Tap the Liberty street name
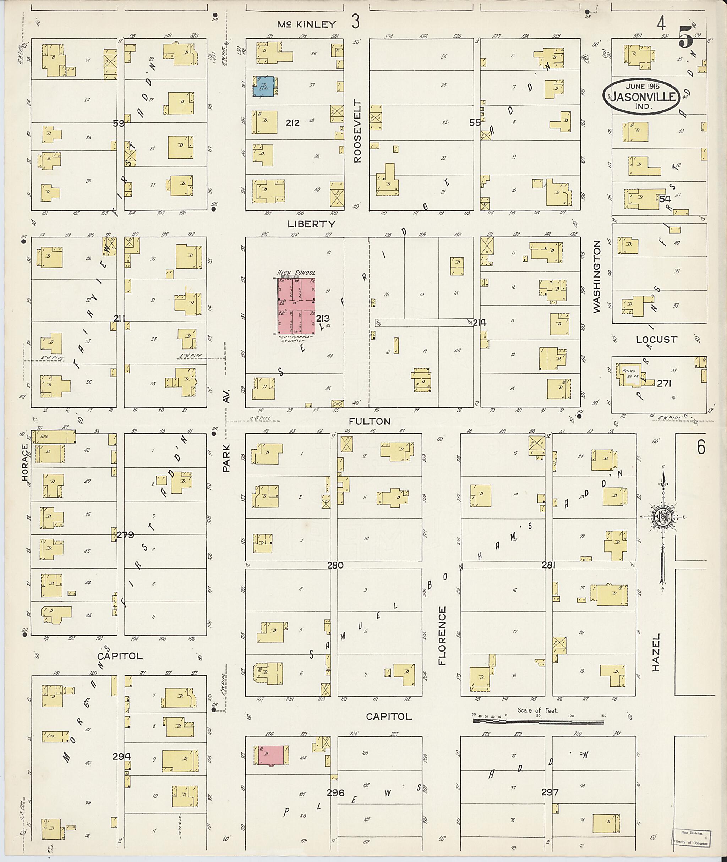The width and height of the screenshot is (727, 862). pos(312,224)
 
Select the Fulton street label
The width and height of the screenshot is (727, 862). pos(369,421)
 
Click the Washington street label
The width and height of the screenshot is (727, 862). pos(596,277)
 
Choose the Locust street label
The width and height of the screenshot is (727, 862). pos(656,340)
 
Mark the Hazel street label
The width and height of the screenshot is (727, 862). pos(656,658)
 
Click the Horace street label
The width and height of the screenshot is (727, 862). pos(26,462)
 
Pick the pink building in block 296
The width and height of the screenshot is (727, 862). pos(270,756)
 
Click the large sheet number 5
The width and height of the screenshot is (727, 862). pos(685,36)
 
